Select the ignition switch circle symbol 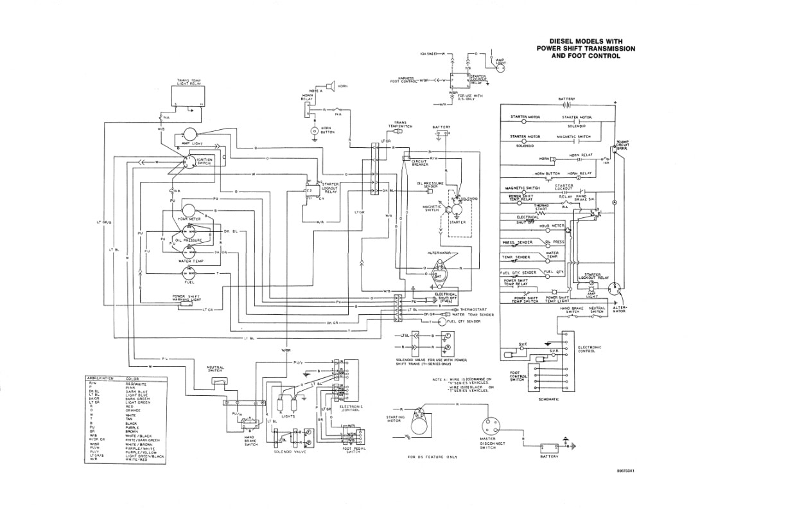pyautogui.click(x=189, y=161)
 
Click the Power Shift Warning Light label pyautogui.click(x=188, y=298)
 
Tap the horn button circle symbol pyautogui.click(x=315, y=131)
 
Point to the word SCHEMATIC pyautogui.click(x=550, y=399)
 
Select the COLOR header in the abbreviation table pyautogui.click(x=133, y=379)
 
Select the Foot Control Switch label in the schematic pyautogui.click(x=517, y=376)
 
